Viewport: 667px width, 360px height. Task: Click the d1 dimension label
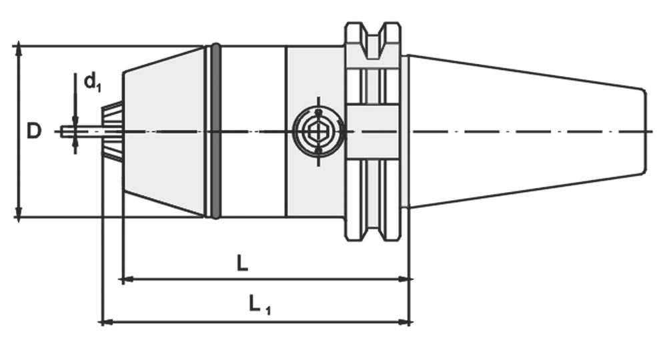pyautogui.click(x=91, y=82)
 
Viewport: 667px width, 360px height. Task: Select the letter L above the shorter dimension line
pyautogui.click(x=243, y=263)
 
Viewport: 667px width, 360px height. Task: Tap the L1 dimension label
pyautogui.click(x=259, y=306)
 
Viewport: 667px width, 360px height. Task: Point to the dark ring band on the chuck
pyautogui.click(x=215, y=131)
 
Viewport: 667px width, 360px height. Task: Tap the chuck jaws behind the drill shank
pyautogui.click(x=112, y=131)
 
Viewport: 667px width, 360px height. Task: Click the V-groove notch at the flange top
pyautogui.click(x=373, y=33)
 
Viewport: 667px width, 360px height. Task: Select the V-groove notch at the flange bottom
pyautogui.click(x=373, y=231)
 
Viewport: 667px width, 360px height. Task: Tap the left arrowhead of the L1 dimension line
pyautogui.click(x=104, y=322)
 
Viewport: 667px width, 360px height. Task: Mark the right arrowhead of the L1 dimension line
pyautogui.click(x=406, y=322)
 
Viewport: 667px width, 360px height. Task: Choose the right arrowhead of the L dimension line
pyautogui.click(x=406, y=279)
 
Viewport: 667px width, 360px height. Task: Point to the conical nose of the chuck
pyautogui.click(x=163, y=131)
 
